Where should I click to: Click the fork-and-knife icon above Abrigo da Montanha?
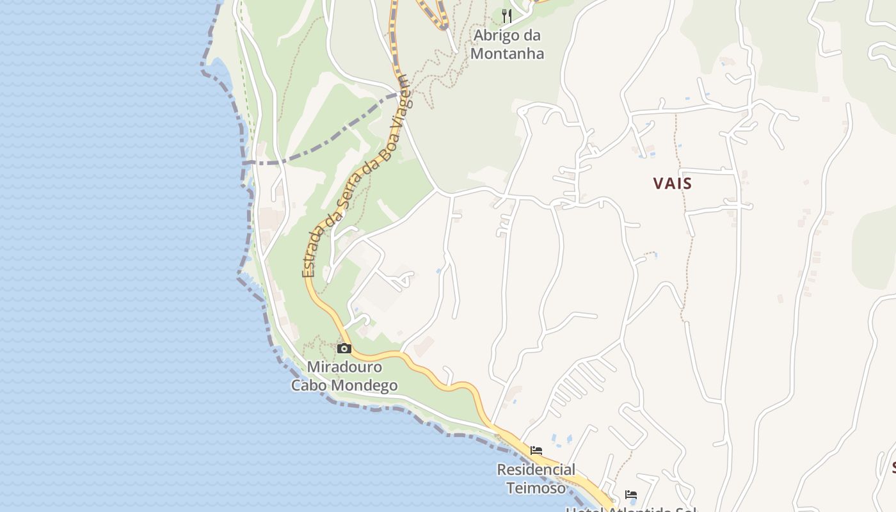pyautogui.click(x=507, y=16)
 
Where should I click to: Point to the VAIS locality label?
pyautogui.click(x=673, y=184)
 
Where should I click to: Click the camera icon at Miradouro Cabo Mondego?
pyautogui.click(x=344, y=349)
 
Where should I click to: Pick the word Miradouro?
pyautogui.click(x=344, y=367)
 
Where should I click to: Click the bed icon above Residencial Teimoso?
pyautogui.click(x=536, y=451)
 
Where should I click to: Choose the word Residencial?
pyautogui.click(x=536, y=470)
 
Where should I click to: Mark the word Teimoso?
pyautogui.click(x=536, y=488)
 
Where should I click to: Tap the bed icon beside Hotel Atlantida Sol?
pyautogui.click(x=631, y=495)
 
